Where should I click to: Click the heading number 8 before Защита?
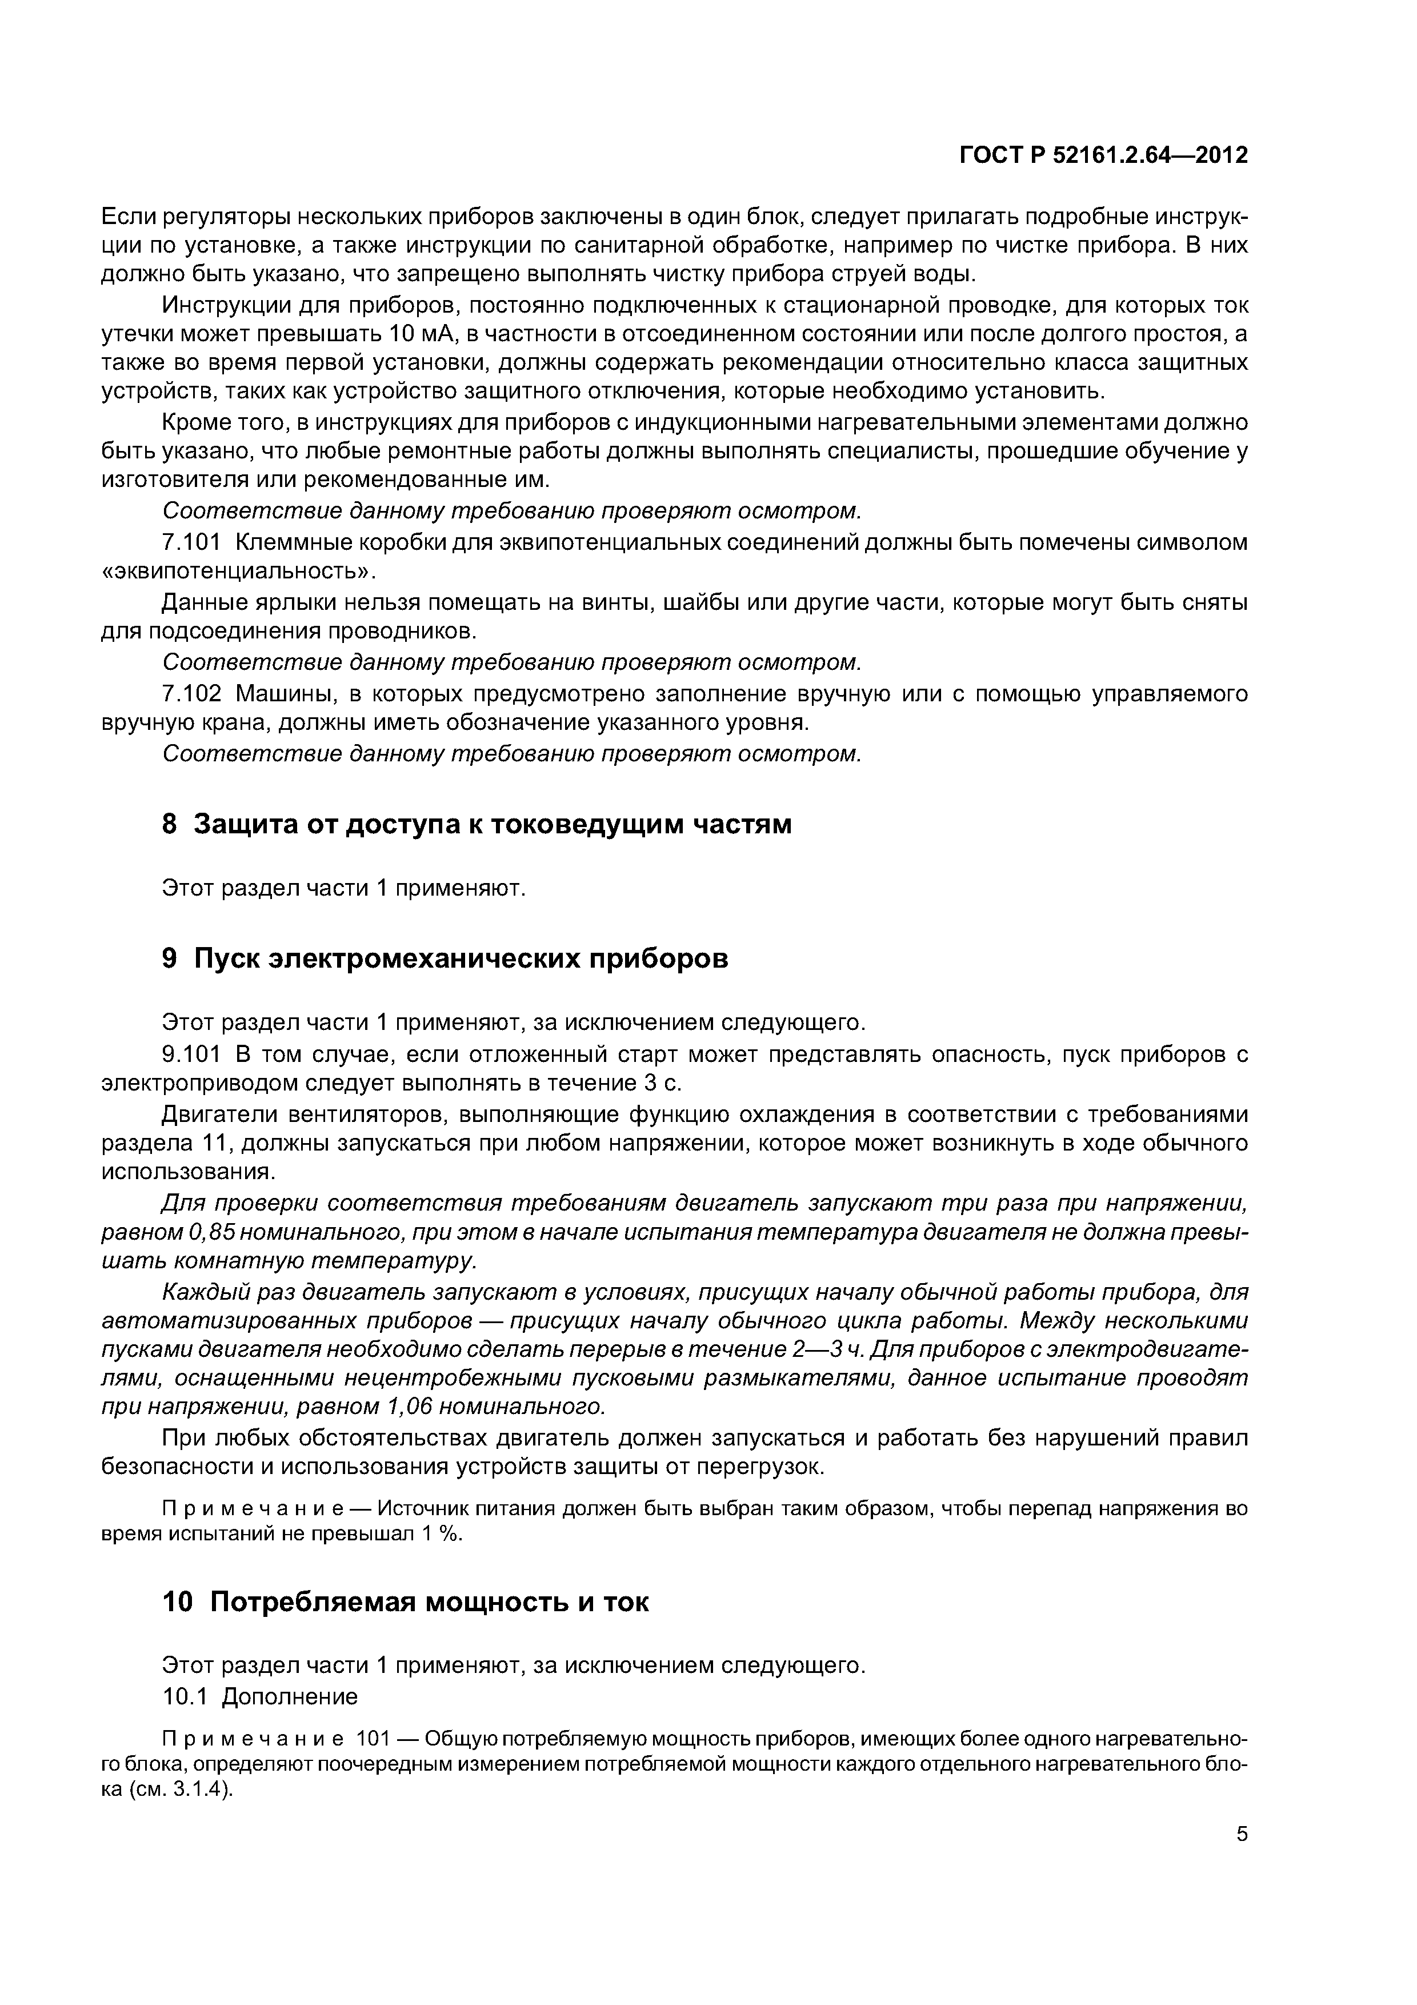coord(170,824)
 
